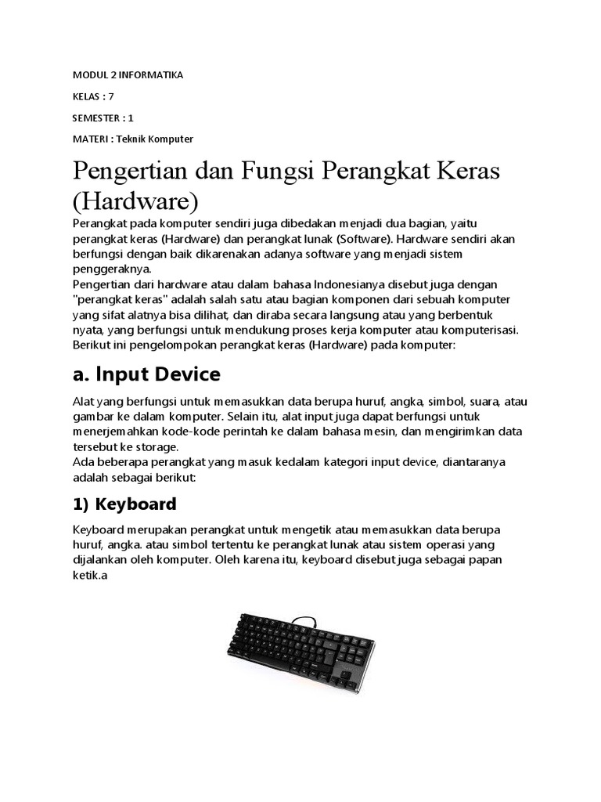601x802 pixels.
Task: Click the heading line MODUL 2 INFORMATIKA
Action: (x=128, y=74)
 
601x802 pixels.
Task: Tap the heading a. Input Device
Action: (x=146, y=374)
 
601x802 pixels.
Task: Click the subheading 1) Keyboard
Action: (x=124, y=503)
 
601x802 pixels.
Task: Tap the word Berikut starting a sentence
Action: (x=92, y=344)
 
